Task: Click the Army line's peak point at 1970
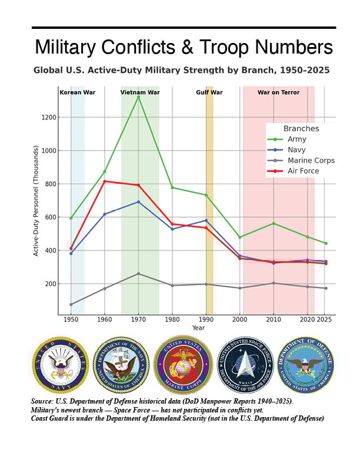(138, 96)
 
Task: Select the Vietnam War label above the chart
(140, 92)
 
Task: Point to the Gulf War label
(209, 92)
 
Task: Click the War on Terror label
(279, 92)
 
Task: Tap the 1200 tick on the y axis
(49, 117)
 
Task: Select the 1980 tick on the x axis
(172, 320)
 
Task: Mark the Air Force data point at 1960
(105, 181)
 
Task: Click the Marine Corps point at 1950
(71, 304)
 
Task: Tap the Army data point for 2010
(274, 224)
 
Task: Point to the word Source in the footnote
(44, 401)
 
